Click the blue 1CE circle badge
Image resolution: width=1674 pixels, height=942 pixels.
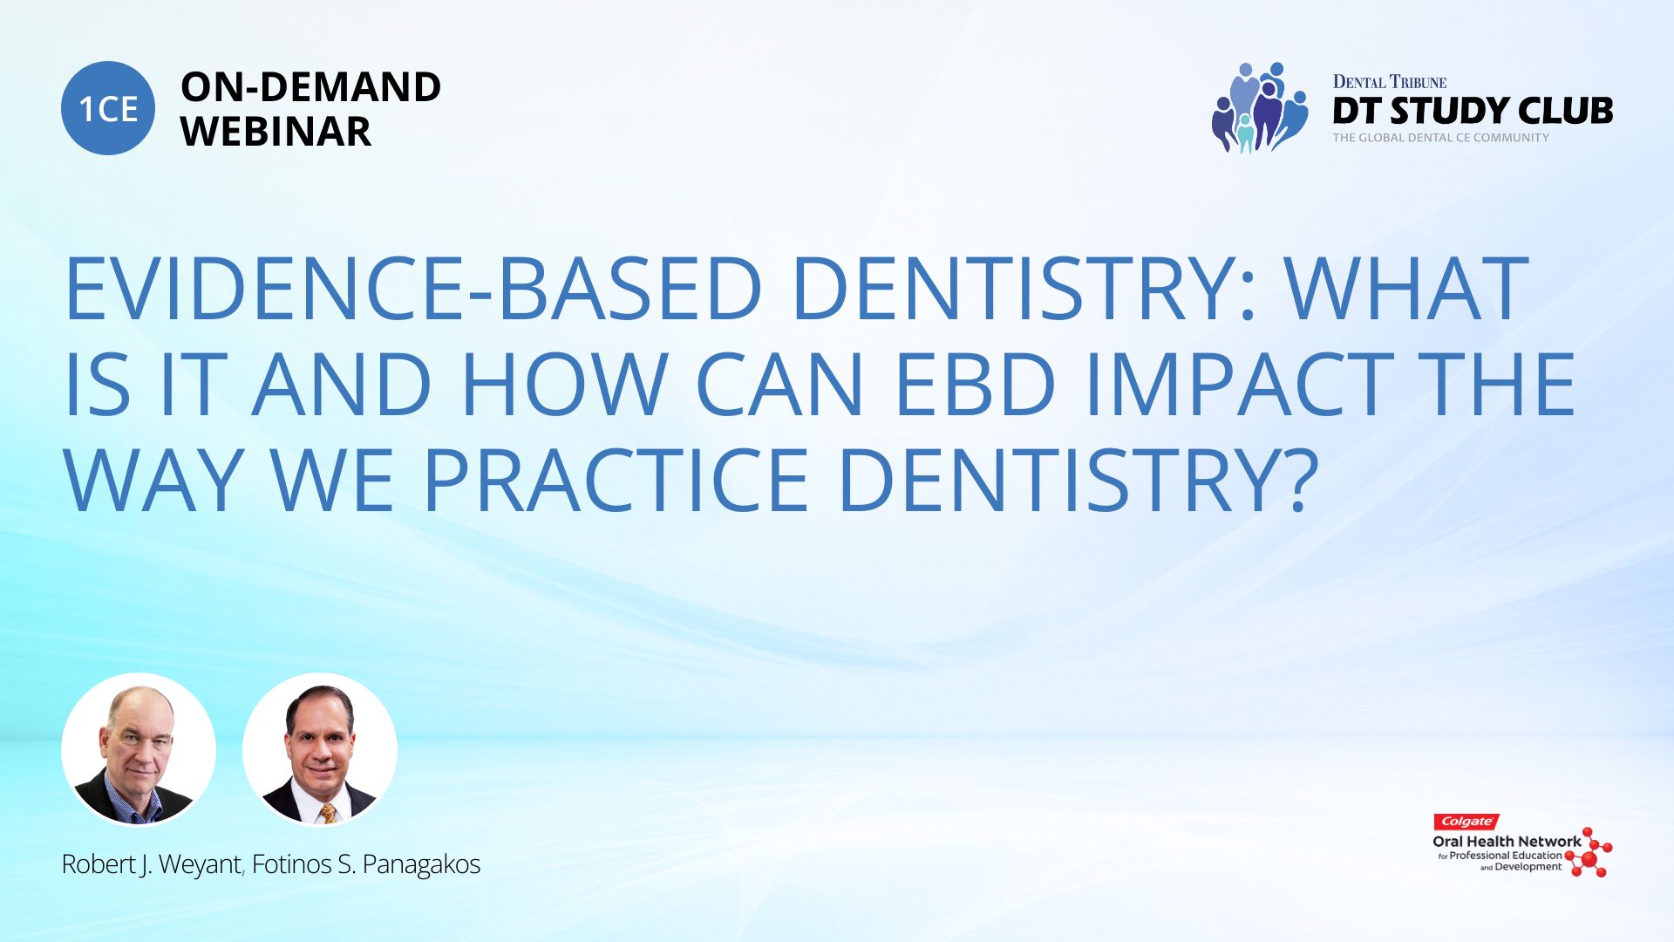108,108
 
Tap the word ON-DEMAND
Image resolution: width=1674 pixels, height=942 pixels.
310,87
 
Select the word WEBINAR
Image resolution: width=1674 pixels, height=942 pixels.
276,132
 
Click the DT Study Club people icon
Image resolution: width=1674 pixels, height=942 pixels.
1260,107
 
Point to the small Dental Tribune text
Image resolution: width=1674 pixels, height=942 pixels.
1390,82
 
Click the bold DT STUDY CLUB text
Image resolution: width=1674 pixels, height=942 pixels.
1473,111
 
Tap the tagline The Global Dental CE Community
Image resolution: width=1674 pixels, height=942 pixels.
1440,138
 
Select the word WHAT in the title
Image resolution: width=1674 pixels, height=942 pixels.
1407,289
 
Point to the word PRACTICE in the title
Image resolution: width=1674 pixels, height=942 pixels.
616,481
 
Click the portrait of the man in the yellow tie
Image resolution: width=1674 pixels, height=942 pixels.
319,750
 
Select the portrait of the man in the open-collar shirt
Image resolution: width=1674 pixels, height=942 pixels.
138,750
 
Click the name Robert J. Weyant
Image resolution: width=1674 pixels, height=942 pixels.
152,864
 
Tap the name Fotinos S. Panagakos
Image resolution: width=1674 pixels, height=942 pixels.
366,864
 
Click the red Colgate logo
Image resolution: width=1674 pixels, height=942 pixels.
1466,822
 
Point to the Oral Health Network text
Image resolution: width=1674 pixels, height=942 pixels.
1507,842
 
